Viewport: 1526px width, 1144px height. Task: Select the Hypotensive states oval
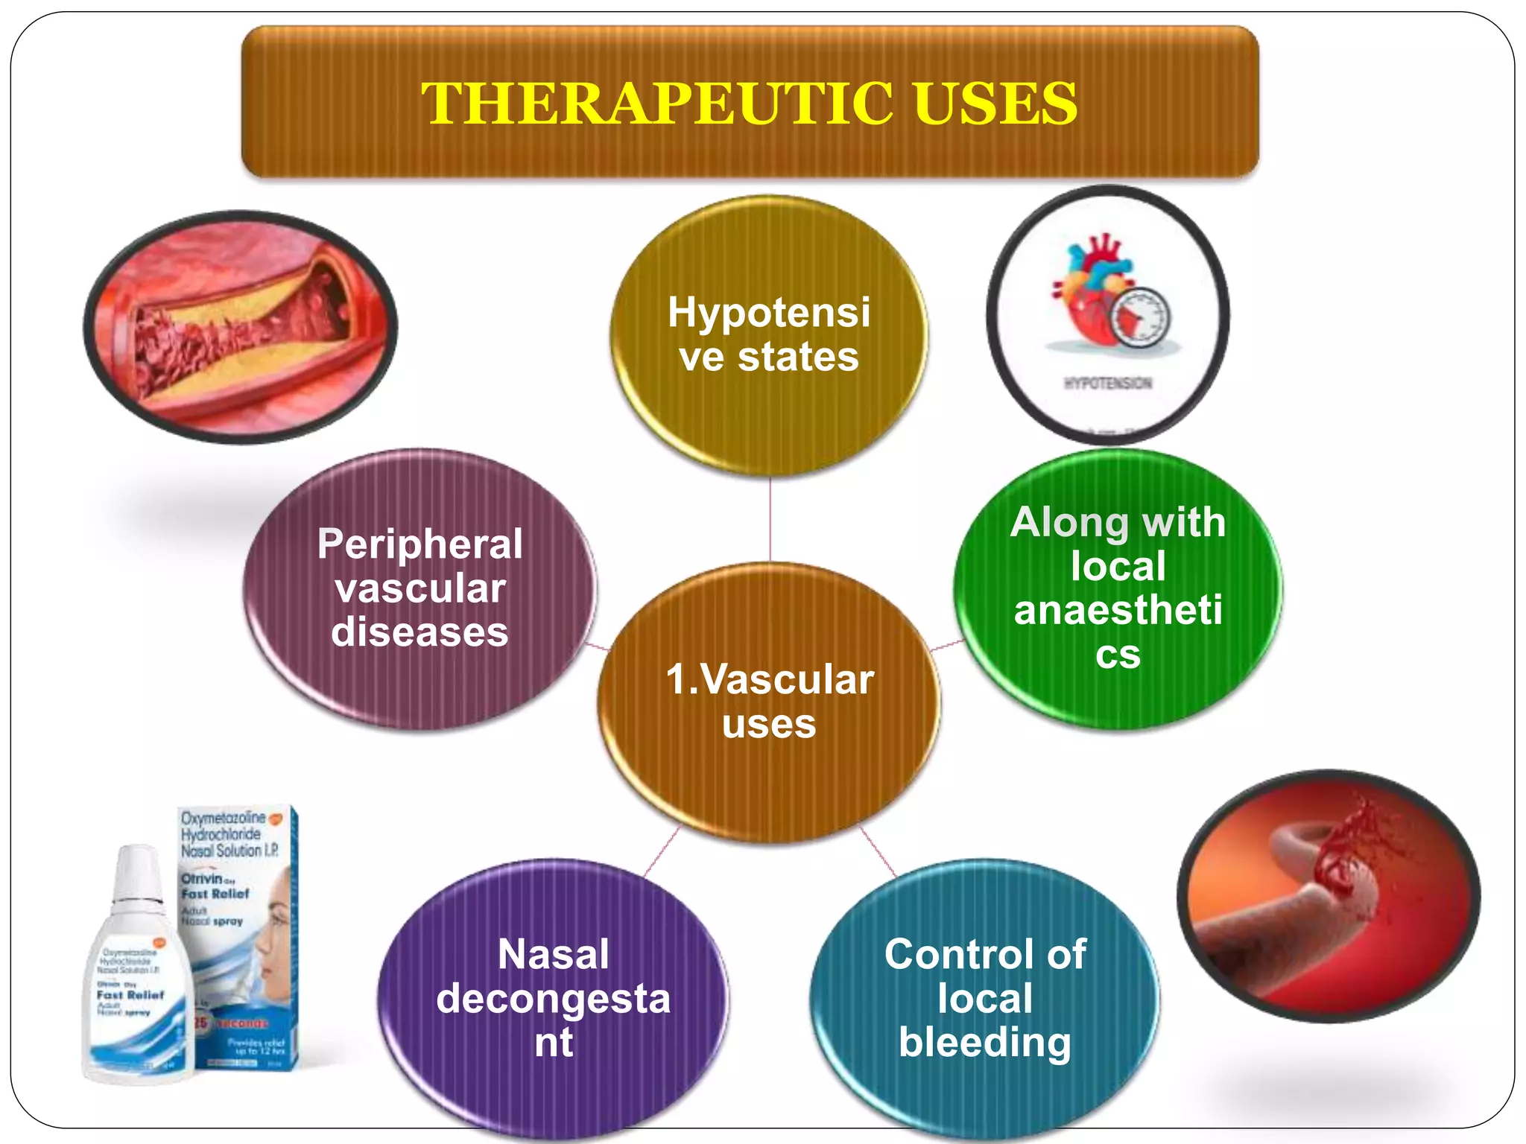tap(769, 335)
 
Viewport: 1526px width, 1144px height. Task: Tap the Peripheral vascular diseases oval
tap(420, 588)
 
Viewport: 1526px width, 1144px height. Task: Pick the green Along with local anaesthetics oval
tap(1118, 588)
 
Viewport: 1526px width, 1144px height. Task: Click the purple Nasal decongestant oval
tap(553, 998)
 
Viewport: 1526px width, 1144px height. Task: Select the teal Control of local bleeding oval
tap(985, 998)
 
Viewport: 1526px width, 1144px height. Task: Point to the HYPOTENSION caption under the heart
tap(1108, 384)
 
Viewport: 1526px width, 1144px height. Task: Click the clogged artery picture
tap(240, 328)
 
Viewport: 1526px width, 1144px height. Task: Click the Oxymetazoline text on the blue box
tap(224, 819)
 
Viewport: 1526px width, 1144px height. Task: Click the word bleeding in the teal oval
tap(985, 1042)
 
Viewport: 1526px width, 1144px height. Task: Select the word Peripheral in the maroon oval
tap(420, 544)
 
